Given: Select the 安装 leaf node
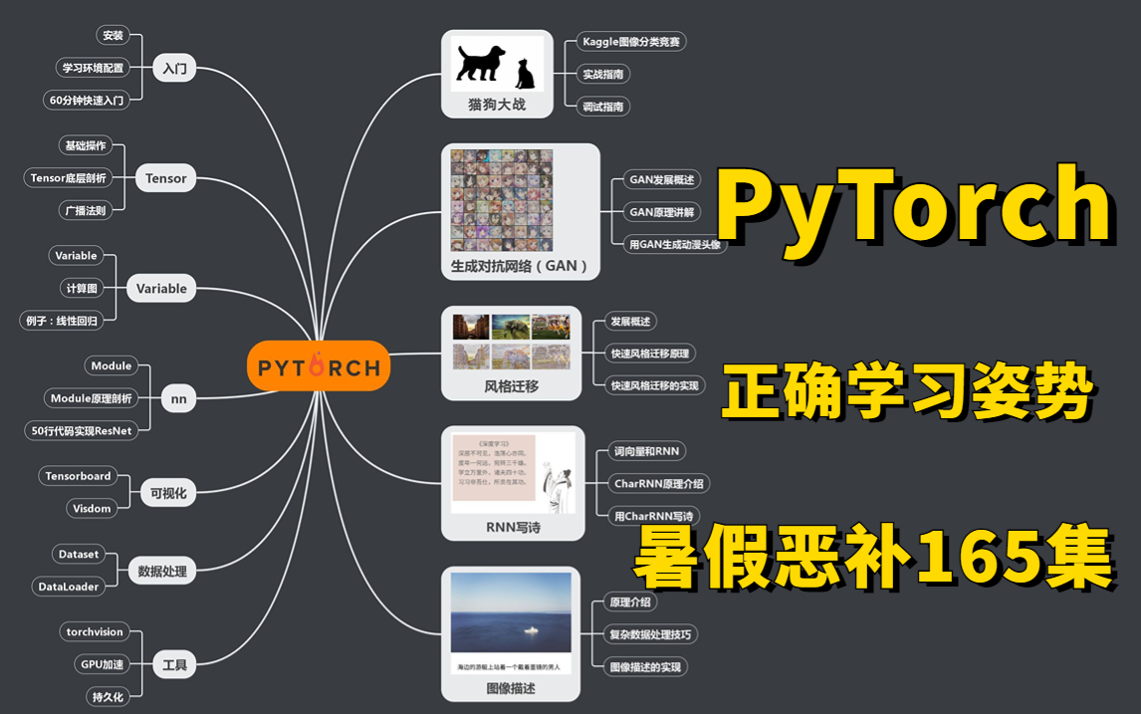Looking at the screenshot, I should (x=112, y=35).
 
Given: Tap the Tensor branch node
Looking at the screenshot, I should (x=165, y=178).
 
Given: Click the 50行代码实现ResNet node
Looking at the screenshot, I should (x=79, y=430).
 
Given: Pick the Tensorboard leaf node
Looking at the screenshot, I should (x=78, y=476).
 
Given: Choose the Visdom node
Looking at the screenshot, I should (x=92, y=508).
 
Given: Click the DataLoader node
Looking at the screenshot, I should (x=69, y=587).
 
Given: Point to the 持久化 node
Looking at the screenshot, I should (x=108, y=697).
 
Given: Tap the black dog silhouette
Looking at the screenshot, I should (x=481, y=63).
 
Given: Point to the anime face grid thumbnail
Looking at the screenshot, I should (x=501, y=200).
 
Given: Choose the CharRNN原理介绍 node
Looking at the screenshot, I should (x=658, y=484).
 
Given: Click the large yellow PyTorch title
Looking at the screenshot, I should (x=913, y=206).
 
